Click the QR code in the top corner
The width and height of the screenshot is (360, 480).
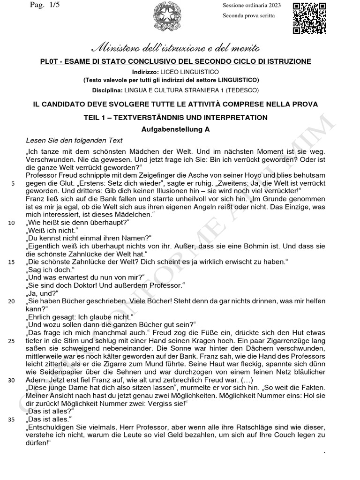pyautogui.click(x=309, y=17)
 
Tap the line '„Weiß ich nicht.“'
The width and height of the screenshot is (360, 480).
pyautogui.click(x=51, y=231)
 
